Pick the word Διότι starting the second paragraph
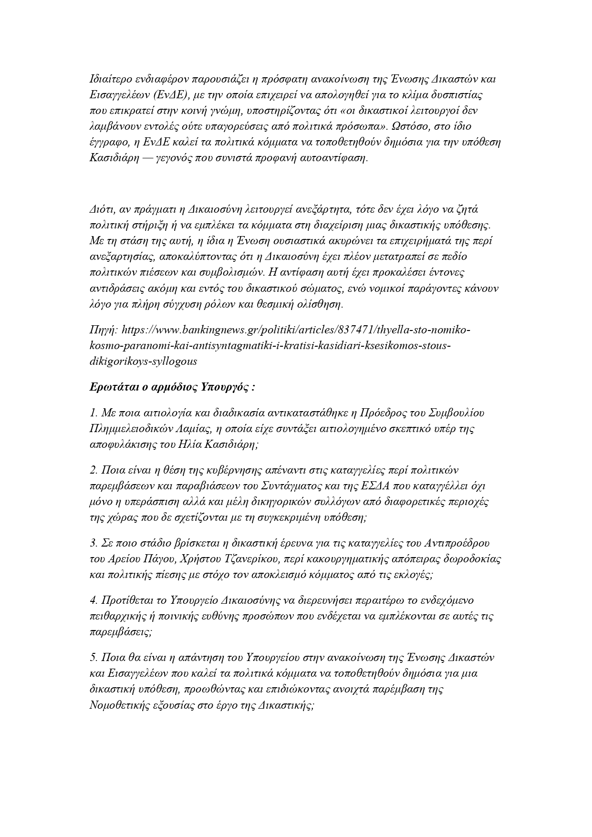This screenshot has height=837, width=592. (101, 209)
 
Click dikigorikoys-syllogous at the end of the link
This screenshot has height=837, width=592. (143, 361)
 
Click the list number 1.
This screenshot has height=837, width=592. (93, 413)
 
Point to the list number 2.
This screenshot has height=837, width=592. (93, 470)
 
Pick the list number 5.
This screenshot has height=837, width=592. (93, 657)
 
